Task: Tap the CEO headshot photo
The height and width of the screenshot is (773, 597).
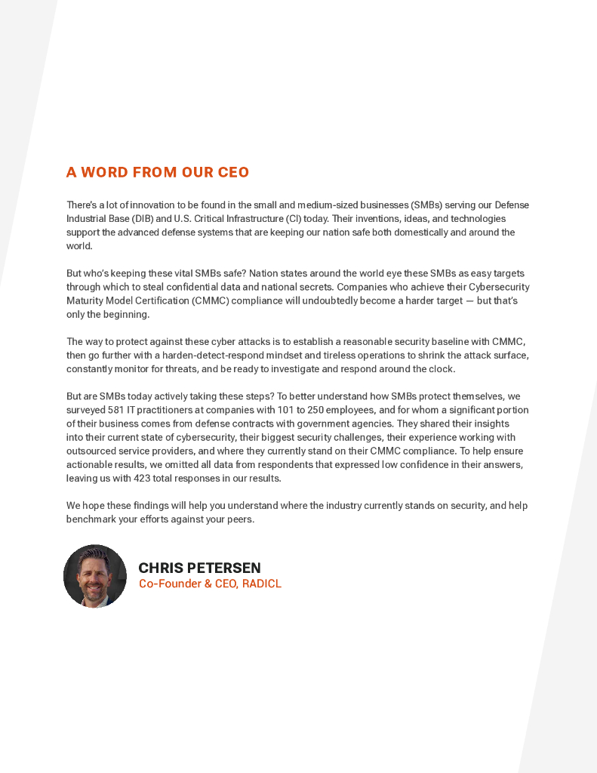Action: click(x=95, y=576)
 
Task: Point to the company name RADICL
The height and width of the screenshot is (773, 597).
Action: click(x=262, y=584)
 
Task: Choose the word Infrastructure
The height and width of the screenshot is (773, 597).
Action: click(x=248, y=219)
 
